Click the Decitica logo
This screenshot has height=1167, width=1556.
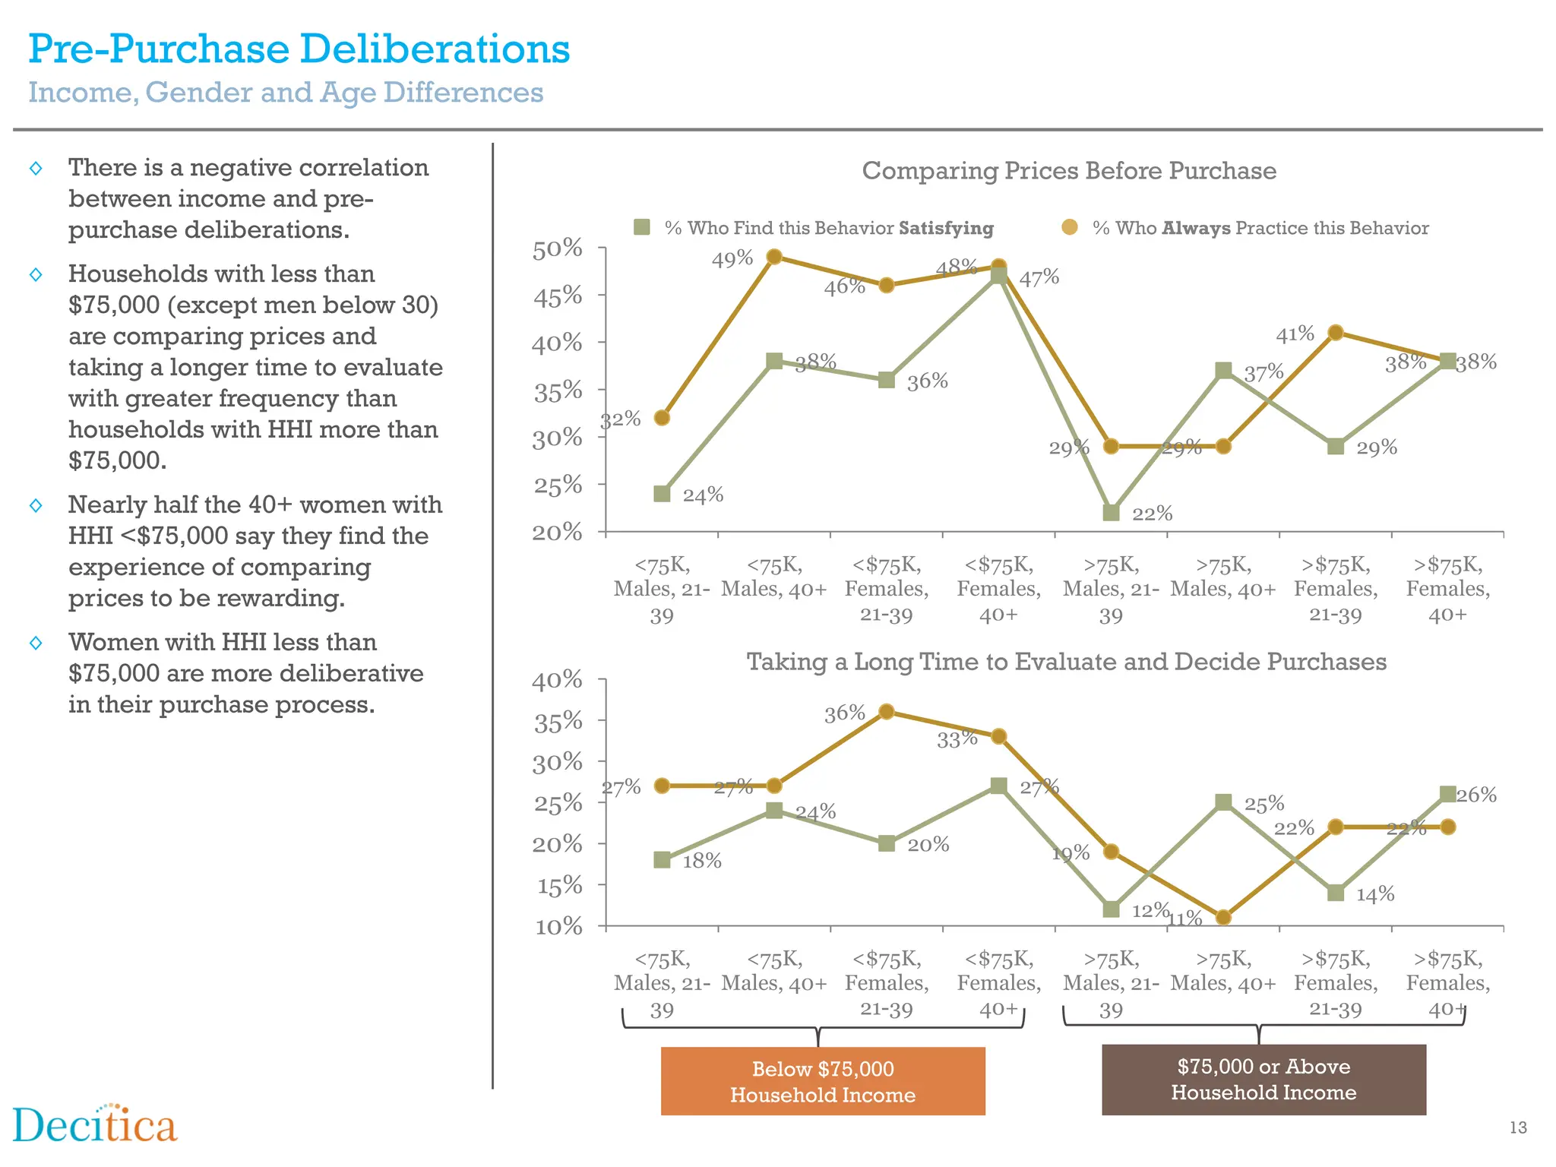pos(95,1125)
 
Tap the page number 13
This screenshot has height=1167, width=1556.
pos(1517,1127)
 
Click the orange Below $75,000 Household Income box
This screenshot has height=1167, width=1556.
pos(823,1081)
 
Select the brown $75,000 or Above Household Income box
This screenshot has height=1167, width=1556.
pos(1263,1079)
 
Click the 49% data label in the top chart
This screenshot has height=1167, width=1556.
pos(732,259)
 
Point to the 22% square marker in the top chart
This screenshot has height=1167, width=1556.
pos(1111,513)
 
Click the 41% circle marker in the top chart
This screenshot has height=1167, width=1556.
pos(1336,332)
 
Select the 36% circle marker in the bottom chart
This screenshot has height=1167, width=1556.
pos(886,712)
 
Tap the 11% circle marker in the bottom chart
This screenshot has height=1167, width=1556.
pos(1223,917)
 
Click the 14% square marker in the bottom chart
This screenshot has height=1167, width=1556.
pos(1336,893)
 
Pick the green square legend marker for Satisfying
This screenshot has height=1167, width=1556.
pos(642,227)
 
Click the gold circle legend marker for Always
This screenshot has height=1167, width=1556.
pos(1070,227)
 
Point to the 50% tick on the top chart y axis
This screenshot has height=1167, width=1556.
pos(557,248)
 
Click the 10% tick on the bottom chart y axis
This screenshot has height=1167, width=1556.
pos(558,926)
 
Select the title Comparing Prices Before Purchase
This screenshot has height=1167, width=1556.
pos(1068,170)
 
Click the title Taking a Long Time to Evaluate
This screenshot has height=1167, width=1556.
pos(1066,661)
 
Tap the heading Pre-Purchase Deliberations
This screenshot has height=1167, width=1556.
pos(299,49)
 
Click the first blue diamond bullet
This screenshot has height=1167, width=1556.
pos(36,168)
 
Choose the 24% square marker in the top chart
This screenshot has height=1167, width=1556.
pos(662,494)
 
